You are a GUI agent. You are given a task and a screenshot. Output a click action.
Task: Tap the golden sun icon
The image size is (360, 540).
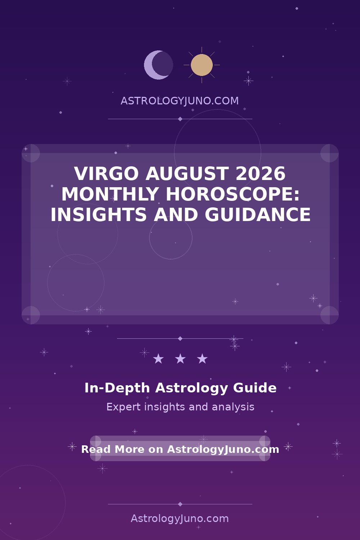202,65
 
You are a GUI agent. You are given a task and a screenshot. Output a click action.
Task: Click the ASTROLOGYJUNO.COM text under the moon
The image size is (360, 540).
180,101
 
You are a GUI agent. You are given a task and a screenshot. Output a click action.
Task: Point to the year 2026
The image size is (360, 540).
261,174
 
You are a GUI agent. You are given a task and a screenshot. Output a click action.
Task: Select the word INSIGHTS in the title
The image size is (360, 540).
98,215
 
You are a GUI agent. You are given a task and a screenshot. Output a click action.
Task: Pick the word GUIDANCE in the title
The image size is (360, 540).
258,215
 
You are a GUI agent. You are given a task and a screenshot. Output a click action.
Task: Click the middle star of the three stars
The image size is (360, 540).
180,359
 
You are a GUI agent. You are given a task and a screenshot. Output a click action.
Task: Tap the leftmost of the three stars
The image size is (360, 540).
158,359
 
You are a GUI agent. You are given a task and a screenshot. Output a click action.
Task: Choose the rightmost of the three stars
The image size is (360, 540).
202,359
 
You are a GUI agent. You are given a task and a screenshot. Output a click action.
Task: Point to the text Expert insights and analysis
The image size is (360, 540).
180,407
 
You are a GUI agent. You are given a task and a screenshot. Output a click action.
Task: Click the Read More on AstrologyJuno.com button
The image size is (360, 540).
180,449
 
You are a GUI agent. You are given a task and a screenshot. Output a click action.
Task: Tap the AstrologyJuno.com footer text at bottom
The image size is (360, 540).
180,519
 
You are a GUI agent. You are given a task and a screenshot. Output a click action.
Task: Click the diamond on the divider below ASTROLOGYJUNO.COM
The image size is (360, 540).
180,119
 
